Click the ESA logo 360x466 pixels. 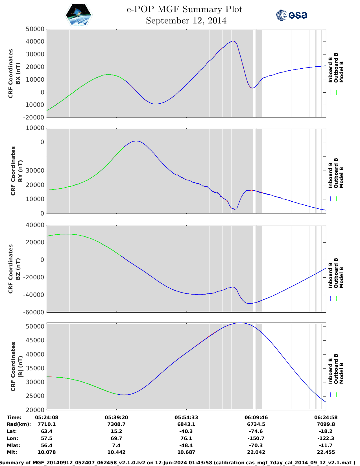click(x=291, y=15)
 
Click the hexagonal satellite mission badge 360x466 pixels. click(x=79, y=15)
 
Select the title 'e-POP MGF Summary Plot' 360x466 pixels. click(x=184, y=9)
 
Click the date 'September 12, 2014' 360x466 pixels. click(x=186, y=21)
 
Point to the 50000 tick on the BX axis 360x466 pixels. click(x=35, y=29)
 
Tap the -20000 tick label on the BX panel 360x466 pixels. click(x=35, y=117)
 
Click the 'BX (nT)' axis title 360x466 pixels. click(x=18, y=73)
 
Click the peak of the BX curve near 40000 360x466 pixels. click(x=233, y=41)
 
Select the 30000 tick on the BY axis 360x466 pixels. click(x=35, y=171)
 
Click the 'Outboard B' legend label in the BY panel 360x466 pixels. click(x=336, y=173)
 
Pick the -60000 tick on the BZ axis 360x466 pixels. click(x=35, y=312)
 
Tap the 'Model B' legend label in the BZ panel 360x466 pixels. click(x=341, y=277)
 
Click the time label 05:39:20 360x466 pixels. click(x=116, y=417)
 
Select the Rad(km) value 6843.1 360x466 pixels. click(x=186, y=424)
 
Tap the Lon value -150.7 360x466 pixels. click(x=256, y=438)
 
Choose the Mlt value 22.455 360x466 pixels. click(x=326, y=452)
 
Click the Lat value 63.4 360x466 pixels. click(x=47, y=431)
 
